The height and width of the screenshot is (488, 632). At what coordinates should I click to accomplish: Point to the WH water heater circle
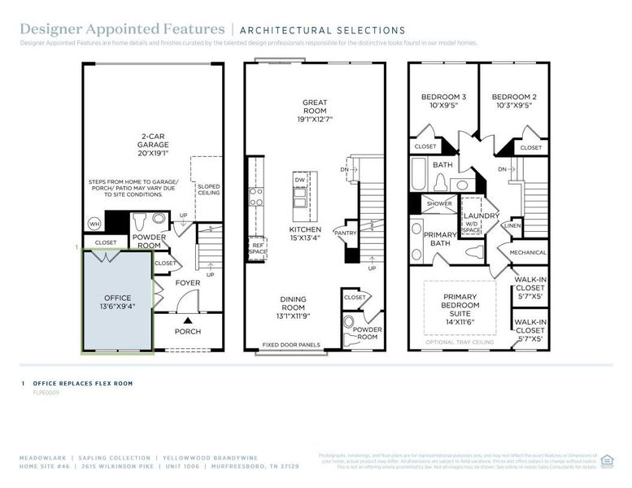click(x=94, y=224)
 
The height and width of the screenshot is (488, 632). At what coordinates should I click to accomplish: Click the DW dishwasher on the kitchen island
click(x=300, y=179)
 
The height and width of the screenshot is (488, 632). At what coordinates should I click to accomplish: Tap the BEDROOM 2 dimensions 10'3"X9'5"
click(x=514, y=105)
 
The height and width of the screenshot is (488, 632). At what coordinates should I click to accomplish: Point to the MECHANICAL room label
click(x=528, y=252)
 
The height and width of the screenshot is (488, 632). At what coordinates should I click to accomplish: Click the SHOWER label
click(x=439, y=204)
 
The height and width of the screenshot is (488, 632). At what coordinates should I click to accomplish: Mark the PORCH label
click(x=188, y=331)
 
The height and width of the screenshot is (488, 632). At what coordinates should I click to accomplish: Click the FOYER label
click(x=188, y=283)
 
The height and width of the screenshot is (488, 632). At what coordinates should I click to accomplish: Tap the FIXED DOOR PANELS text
click(x=291, y=345)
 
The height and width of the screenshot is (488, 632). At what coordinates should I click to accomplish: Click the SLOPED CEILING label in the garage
click(x=208, y=190)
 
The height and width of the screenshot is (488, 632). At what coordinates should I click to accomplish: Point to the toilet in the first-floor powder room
click(x=138, y=221)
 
